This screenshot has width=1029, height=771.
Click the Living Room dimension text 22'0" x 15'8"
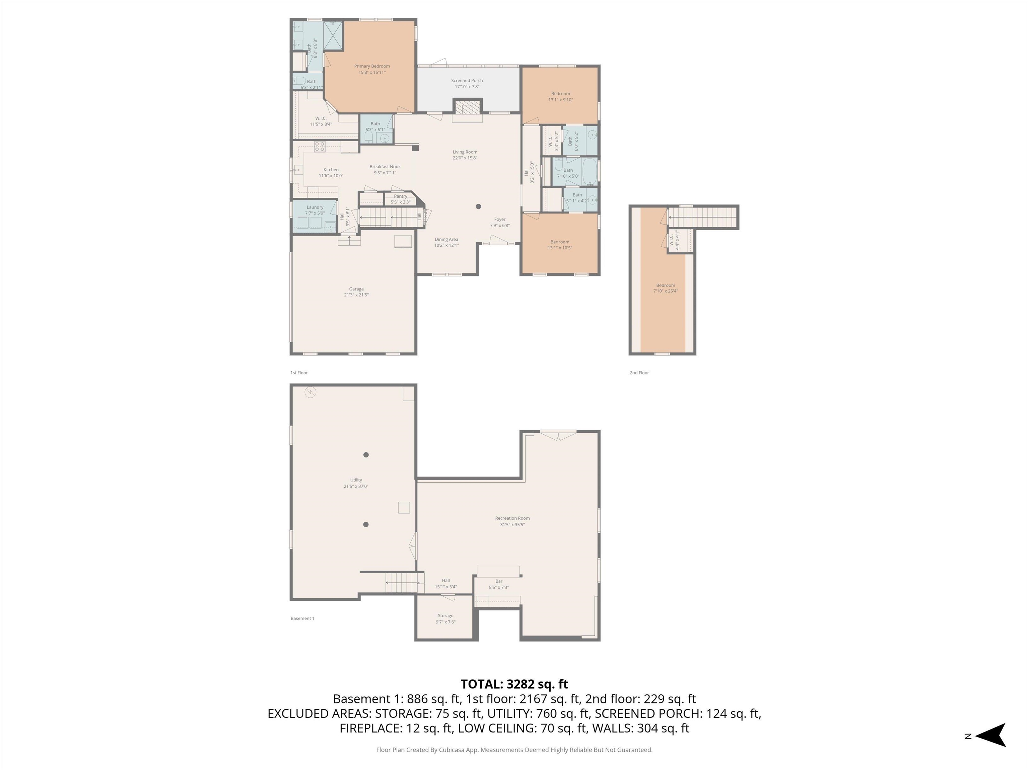coord(465,158)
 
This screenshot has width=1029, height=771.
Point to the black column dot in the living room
coord(478,206)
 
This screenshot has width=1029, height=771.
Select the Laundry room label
coord(315,207)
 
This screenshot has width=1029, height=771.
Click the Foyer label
coord(500,220)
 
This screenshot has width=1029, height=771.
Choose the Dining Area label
coord(446,239)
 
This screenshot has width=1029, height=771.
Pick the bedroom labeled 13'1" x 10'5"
coord(560,245)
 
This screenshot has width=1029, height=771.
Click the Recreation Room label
coord(512,518)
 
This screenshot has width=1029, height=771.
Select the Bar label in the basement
coord(499,581)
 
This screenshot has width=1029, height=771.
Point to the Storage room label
coord(445,616)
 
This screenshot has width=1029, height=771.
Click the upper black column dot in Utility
coord(366,454)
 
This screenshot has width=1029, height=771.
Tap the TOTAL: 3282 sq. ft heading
coord(514,684)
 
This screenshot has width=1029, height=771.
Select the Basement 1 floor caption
coord(302,618)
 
